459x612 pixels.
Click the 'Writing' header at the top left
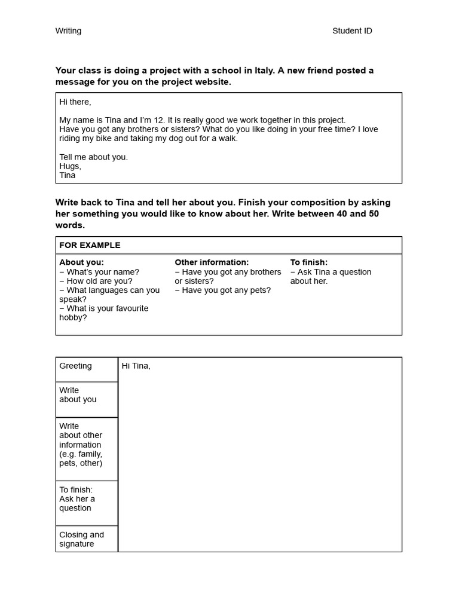[x=68, y=31]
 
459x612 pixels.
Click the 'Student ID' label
[x=352, y=31]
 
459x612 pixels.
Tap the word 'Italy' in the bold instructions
[x=264, y=71]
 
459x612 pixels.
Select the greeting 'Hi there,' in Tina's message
[x=75, y=102]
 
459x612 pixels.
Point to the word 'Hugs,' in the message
[x=70, y=166]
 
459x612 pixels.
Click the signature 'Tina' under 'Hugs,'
[x=68, y=175]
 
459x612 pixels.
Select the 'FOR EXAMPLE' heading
[x=90, y=245]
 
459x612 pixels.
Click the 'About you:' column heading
[x=81, y=262]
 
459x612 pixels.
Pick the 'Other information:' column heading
[x=212, y=262]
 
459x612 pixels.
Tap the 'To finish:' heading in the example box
[x=309, y=262]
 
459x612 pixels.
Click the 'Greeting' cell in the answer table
[x=75, y=366]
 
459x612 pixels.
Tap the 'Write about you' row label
[x=78, y=395]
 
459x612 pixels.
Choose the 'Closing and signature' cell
[x=81, y=539]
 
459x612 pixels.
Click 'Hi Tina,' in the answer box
[x=136, y=366]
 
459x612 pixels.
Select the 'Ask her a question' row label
[x=76, y=503]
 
